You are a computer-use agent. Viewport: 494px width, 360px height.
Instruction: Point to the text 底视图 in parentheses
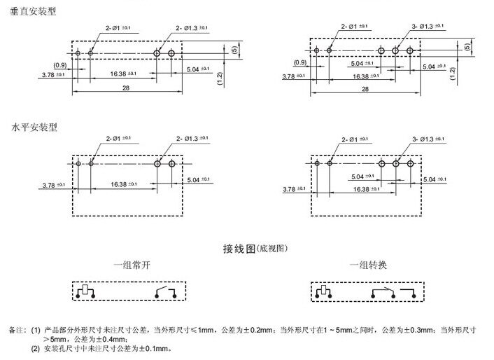[274, 249]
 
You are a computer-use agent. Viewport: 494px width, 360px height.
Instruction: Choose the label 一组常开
[134, 266]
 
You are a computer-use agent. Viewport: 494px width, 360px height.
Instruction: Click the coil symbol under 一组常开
[85, 291]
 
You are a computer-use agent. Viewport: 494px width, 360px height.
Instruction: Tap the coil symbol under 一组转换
[324, 291]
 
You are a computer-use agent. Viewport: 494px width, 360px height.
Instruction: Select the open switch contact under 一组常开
[162, 291]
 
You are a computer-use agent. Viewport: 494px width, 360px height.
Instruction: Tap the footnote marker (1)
[36, 328]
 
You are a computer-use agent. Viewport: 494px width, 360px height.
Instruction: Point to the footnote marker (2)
[36, 349]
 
